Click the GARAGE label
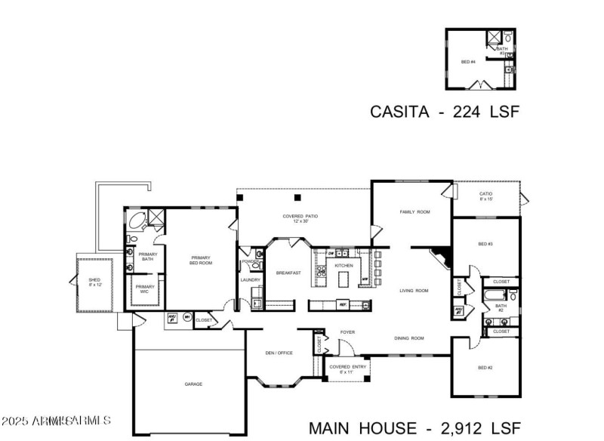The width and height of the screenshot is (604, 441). point(193,384)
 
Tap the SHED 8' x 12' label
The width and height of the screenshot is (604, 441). point(94,282)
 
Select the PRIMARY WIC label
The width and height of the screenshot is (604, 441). point(144,288)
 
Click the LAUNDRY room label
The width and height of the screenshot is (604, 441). point(250,280)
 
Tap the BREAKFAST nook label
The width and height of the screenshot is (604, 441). point(288,273)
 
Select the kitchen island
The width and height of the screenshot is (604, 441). point(345,279)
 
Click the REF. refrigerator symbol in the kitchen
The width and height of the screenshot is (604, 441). point(343,304)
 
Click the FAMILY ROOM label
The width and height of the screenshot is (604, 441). point(414,212)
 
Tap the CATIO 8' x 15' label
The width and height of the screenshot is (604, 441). point(486,196)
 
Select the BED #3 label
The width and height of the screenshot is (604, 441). point(485,244)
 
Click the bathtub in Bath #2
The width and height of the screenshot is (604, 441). point(492,297)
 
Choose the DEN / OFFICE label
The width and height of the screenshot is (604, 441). point(279,353)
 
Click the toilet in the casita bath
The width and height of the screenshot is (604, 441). point(508,37)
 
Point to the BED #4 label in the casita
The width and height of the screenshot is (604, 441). point(468,60)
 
